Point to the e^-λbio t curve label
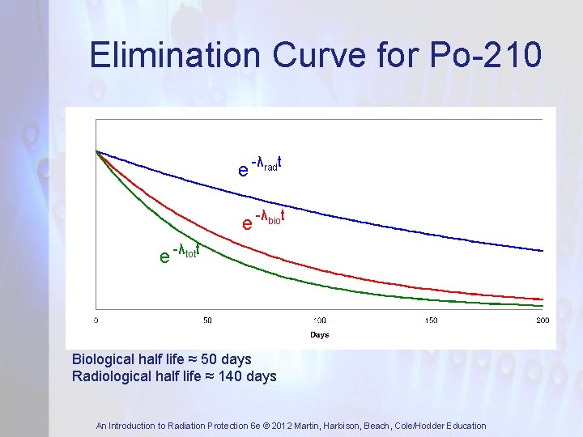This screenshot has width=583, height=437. coord(267,219)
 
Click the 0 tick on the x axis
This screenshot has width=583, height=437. coord(96,320)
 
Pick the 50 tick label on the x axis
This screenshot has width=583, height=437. coord(207,320)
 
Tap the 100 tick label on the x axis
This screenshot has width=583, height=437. coord(320,320)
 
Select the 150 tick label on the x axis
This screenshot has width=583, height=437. coord(431,320)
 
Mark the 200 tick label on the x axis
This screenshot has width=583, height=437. coord(543,320)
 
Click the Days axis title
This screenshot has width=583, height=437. coord(320,334)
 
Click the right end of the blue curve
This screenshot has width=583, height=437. coord(542,250)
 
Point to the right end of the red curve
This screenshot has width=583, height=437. coord(542,299)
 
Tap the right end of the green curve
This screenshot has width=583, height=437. coord(542,306)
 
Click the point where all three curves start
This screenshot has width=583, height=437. coord(96,151)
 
